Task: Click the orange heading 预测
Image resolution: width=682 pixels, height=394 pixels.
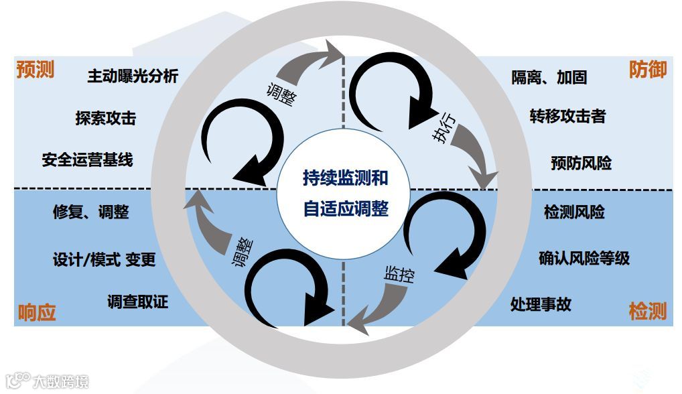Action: [35, 70]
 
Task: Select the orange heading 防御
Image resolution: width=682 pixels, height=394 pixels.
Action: [647, 69]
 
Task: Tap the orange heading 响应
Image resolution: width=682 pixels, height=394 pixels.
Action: [36, 312]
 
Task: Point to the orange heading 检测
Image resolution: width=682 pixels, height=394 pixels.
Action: [647, 311]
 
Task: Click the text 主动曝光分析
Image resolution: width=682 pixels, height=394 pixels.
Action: [133, 76]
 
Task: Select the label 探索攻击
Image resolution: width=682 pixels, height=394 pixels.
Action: [105, 118]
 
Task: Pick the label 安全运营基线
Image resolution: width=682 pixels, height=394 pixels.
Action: [87, 159]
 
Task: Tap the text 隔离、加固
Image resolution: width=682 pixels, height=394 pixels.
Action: [549, 77]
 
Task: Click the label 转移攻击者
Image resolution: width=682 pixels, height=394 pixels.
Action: [567, 116]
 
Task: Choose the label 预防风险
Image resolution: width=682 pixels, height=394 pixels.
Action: [581, 162]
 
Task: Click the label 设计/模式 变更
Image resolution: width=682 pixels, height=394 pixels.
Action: [104, 259]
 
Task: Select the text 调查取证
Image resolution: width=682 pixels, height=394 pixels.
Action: [137, 302]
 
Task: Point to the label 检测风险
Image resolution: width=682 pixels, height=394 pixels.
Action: [574, 212]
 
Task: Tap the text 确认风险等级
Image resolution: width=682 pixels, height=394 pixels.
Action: [584, 258]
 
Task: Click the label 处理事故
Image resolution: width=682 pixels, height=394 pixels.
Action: [541, 304]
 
